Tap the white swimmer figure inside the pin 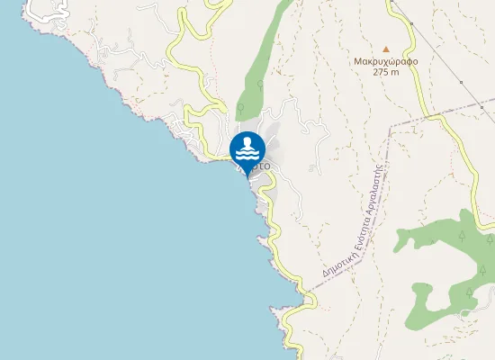point(247,143)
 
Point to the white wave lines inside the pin point(247,153)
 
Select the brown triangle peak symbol point(386,49)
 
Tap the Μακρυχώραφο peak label point(386,61)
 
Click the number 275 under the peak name point(381,72)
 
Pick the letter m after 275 point(396,72)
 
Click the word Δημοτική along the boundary point(334,261)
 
